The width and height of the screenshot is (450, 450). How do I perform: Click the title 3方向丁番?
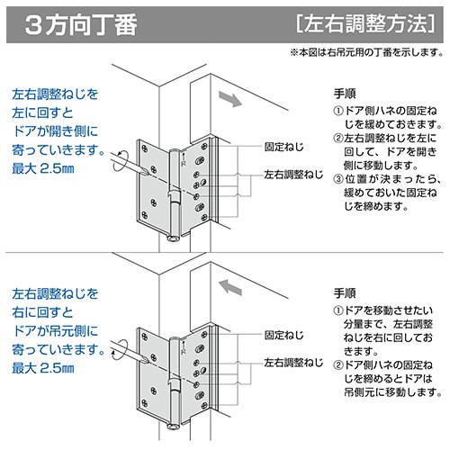pos(83,23)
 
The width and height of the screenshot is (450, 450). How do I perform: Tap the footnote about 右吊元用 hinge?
pos(365,54)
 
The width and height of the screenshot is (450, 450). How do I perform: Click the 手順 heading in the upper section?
pos(344,93)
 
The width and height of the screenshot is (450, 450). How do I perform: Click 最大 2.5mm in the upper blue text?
pos(45,171)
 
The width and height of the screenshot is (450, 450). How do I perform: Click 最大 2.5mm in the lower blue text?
pos(45,370)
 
